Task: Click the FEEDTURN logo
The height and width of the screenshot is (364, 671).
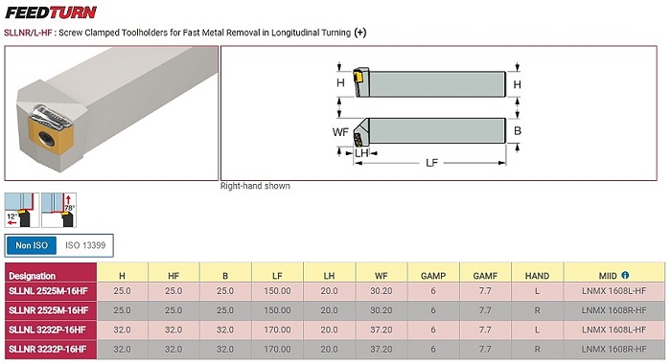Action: coord(51,12)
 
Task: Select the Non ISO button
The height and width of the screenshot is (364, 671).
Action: coord(32,245)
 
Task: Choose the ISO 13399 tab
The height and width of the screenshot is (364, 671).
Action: coord(85,245)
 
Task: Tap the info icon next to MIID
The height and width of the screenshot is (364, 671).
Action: coord(625,275)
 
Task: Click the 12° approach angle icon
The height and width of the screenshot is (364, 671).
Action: coord(21,210)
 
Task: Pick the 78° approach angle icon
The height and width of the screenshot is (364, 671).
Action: coord(59,210)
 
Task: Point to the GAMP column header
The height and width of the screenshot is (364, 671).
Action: coord(433,276)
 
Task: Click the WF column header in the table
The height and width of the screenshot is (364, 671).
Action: coord(381,276)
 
